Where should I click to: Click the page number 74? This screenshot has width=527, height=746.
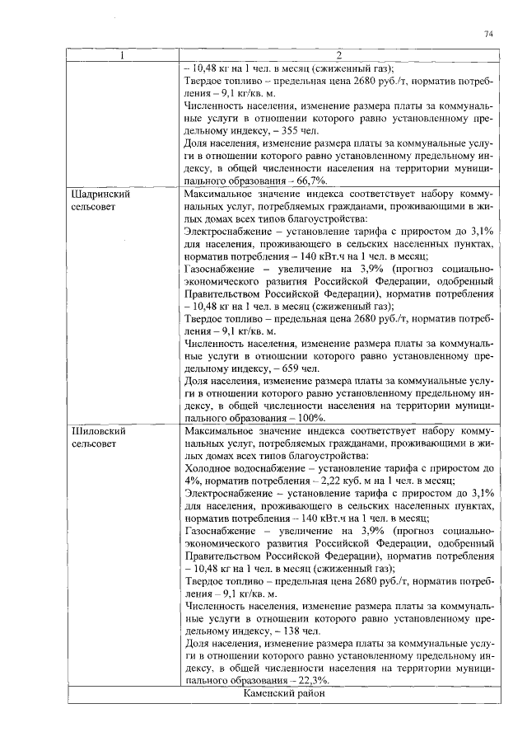point(487,34)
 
